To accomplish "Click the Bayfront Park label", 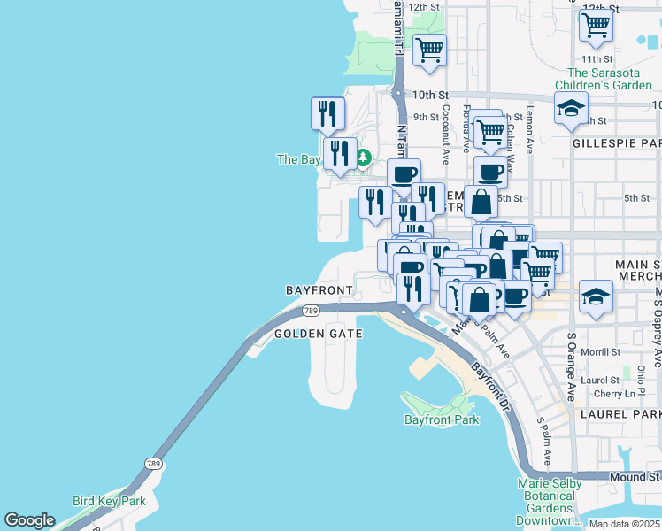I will click(x=442, y=419).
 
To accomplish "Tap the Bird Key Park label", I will click(x=109, y=501).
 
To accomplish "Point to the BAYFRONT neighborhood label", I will click(x=319, y=289).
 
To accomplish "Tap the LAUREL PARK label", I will click(x=621, y=413).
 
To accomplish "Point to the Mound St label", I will click(x=635, y=476).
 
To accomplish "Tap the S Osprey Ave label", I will click(x=656, y=327).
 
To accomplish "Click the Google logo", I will click(x=29, y=520).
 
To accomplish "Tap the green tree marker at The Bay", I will click(x=363, y=158).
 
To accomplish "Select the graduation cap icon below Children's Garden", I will click(x=571, y=111).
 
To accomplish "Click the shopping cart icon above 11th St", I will click(x=597, y=27).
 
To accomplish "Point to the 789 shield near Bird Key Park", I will click(x=154, y=464).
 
